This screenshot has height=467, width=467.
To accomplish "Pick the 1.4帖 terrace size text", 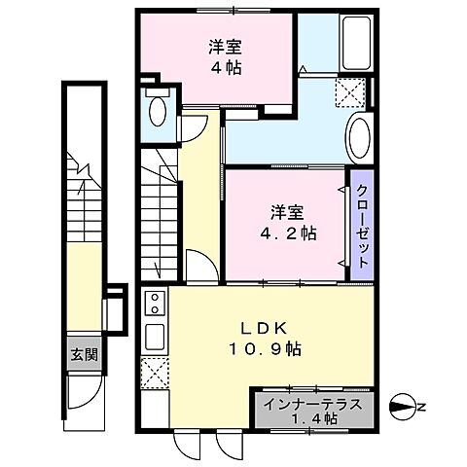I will pyautogui.click(x=313, y=418).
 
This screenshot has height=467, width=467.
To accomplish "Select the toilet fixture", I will pyautogui.click(x=157, y=111).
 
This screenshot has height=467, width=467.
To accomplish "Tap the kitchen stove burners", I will pyautogui.click(x=154, y=307).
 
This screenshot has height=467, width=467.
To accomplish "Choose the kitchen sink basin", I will pyautogui.click(x=154, y=338).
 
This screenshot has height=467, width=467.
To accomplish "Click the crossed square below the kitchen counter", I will pyautogui.click(x=154, y=373).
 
